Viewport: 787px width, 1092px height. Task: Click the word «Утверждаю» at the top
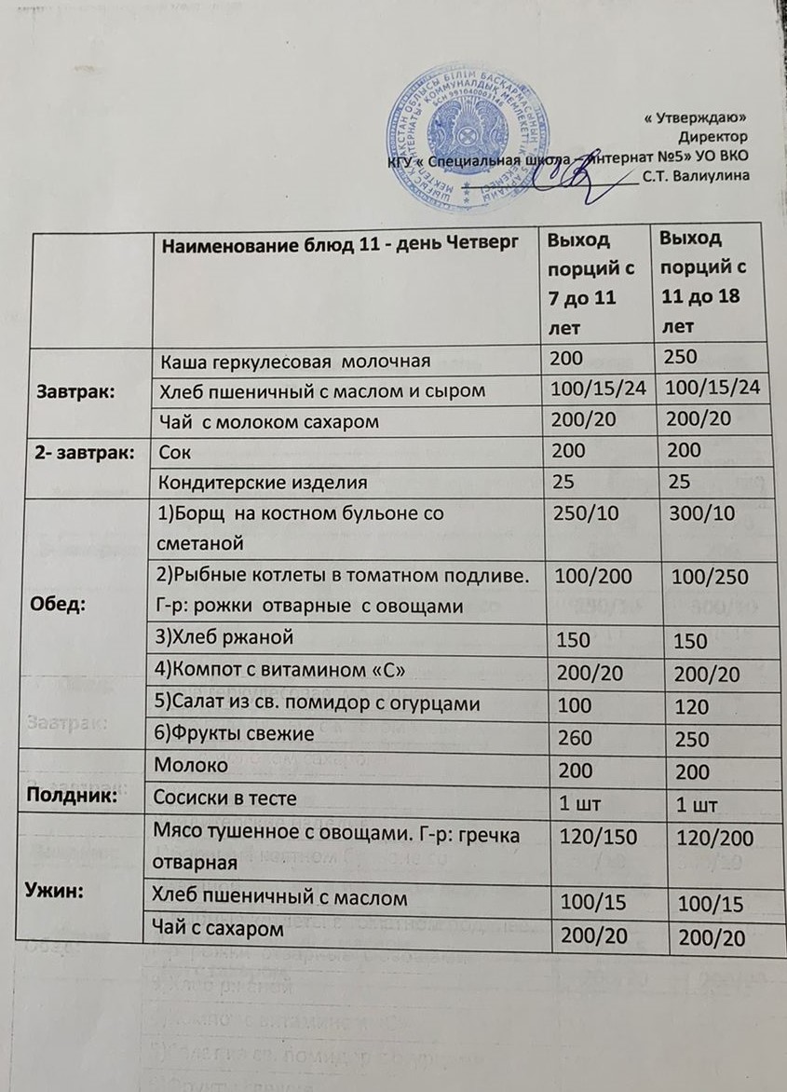pyautogui.click(x=696, y=118)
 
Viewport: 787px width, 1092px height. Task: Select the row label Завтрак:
pyautogui.click(x=75, y=392)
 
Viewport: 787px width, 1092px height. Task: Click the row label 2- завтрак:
pyautogui.click(x=81, y=453)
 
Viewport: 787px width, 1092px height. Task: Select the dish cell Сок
pyautogui.click(x=174, y=453)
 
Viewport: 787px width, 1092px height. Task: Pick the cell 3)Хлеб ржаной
pyautogui.click(x=227, y=638)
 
